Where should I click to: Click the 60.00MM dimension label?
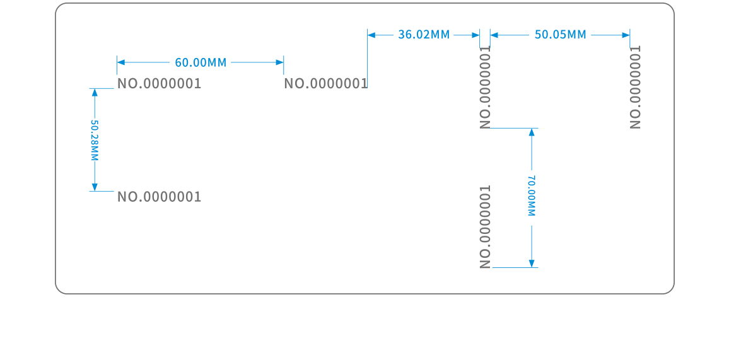point(201,62)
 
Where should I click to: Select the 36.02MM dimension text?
point(424,35)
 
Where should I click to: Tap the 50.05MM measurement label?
point(560,35)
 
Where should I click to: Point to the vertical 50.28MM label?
point(95,141)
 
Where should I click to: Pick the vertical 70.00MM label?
point(532,195)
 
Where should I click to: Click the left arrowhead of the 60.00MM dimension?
point(121,62)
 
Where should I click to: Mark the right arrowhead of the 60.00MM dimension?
point(279,62)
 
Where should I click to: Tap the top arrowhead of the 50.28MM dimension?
point(95,93)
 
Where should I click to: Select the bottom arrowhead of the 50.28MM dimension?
point(95,187)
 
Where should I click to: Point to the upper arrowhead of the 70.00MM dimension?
point(532,132)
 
